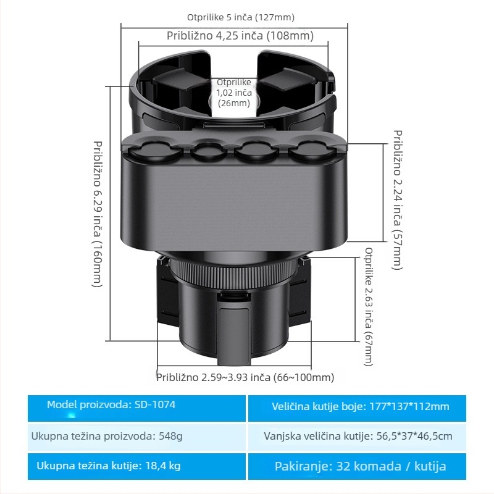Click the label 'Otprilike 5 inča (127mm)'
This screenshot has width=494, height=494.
[241, 17]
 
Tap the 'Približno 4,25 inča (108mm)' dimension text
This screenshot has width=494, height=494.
[240, 36]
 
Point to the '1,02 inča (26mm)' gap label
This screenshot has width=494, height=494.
[234, 98]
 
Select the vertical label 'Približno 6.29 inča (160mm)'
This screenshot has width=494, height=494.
[98, 214]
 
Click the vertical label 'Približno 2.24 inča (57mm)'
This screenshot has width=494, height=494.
[398, 199]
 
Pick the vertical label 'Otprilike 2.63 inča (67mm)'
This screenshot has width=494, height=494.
[369, 306]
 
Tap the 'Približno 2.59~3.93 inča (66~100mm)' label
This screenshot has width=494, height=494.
[245, 377]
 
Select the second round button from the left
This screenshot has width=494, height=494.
[209, 151]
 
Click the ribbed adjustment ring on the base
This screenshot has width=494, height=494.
[234, 272]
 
